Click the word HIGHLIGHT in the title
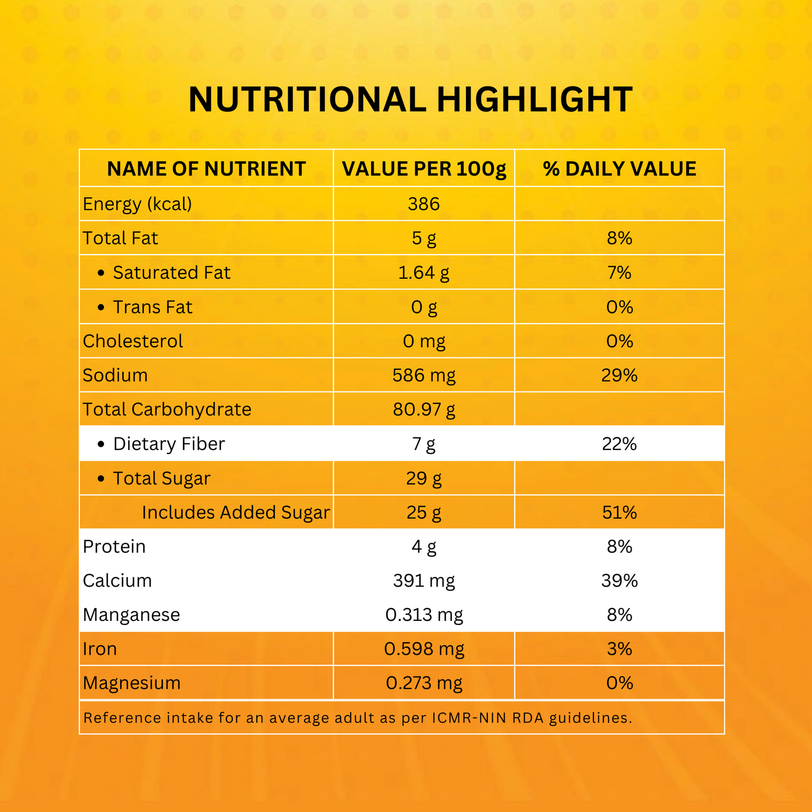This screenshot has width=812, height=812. (534, 100)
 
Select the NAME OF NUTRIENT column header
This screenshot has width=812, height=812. (206, 169)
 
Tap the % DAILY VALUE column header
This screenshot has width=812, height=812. (619, 169)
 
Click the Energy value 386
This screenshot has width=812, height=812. (424, 204)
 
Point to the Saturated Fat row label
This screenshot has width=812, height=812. (171, 273)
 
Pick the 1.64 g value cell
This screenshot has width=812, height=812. (424, 273)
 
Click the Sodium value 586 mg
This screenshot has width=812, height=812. (424, 375)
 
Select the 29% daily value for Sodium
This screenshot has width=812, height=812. (619, 375)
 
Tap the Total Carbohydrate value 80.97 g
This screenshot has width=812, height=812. (424, 410)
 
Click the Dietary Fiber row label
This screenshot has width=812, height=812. (169, 444)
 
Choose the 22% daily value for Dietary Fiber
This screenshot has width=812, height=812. (619, 444)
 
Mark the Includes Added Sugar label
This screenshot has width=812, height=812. (235, 512)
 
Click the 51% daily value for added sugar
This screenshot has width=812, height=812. (619, 512)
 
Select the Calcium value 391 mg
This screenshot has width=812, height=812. (424, 580)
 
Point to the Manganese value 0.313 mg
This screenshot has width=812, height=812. (424, 615)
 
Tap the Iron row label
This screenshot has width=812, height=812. (100, 649)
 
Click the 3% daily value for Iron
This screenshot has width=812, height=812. (619, 649)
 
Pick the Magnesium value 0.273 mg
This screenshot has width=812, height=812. (424, 683)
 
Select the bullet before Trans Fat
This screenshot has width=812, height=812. (101, 307)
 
